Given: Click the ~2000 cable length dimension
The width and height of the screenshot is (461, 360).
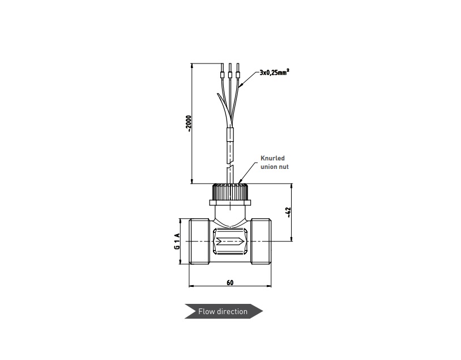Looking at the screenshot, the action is pos(189,124).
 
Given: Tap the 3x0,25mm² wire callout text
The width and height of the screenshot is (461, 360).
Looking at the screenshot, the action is pos(274,72).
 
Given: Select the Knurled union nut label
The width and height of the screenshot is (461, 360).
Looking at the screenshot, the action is pos(275,163).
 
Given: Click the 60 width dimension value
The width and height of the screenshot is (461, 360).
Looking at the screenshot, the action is pos(230,282).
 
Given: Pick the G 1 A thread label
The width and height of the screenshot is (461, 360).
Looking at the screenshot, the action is pos(177,242).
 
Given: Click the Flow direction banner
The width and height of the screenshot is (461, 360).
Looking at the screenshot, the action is pos(224,311).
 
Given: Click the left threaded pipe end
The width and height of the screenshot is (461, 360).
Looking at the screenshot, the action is pos(199,242).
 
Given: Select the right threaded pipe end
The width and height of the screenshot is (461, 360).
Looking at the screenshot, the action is pos(261,242).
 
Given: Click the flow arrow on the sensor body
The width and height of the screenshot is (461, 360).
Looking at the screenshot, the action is pos(230,242).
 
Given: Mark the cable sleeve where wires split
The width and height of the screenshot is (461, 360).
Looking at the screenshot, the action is pos(230,134).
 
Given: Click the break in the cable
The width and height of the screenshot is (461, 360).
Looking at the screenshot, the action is pos(230,166).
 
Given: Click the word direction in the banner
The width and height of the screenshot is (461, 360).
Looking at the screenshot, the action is pos(232,311).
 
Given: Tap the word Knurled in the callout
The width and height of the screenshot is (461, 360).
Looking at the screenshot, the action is pos(272,158).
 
